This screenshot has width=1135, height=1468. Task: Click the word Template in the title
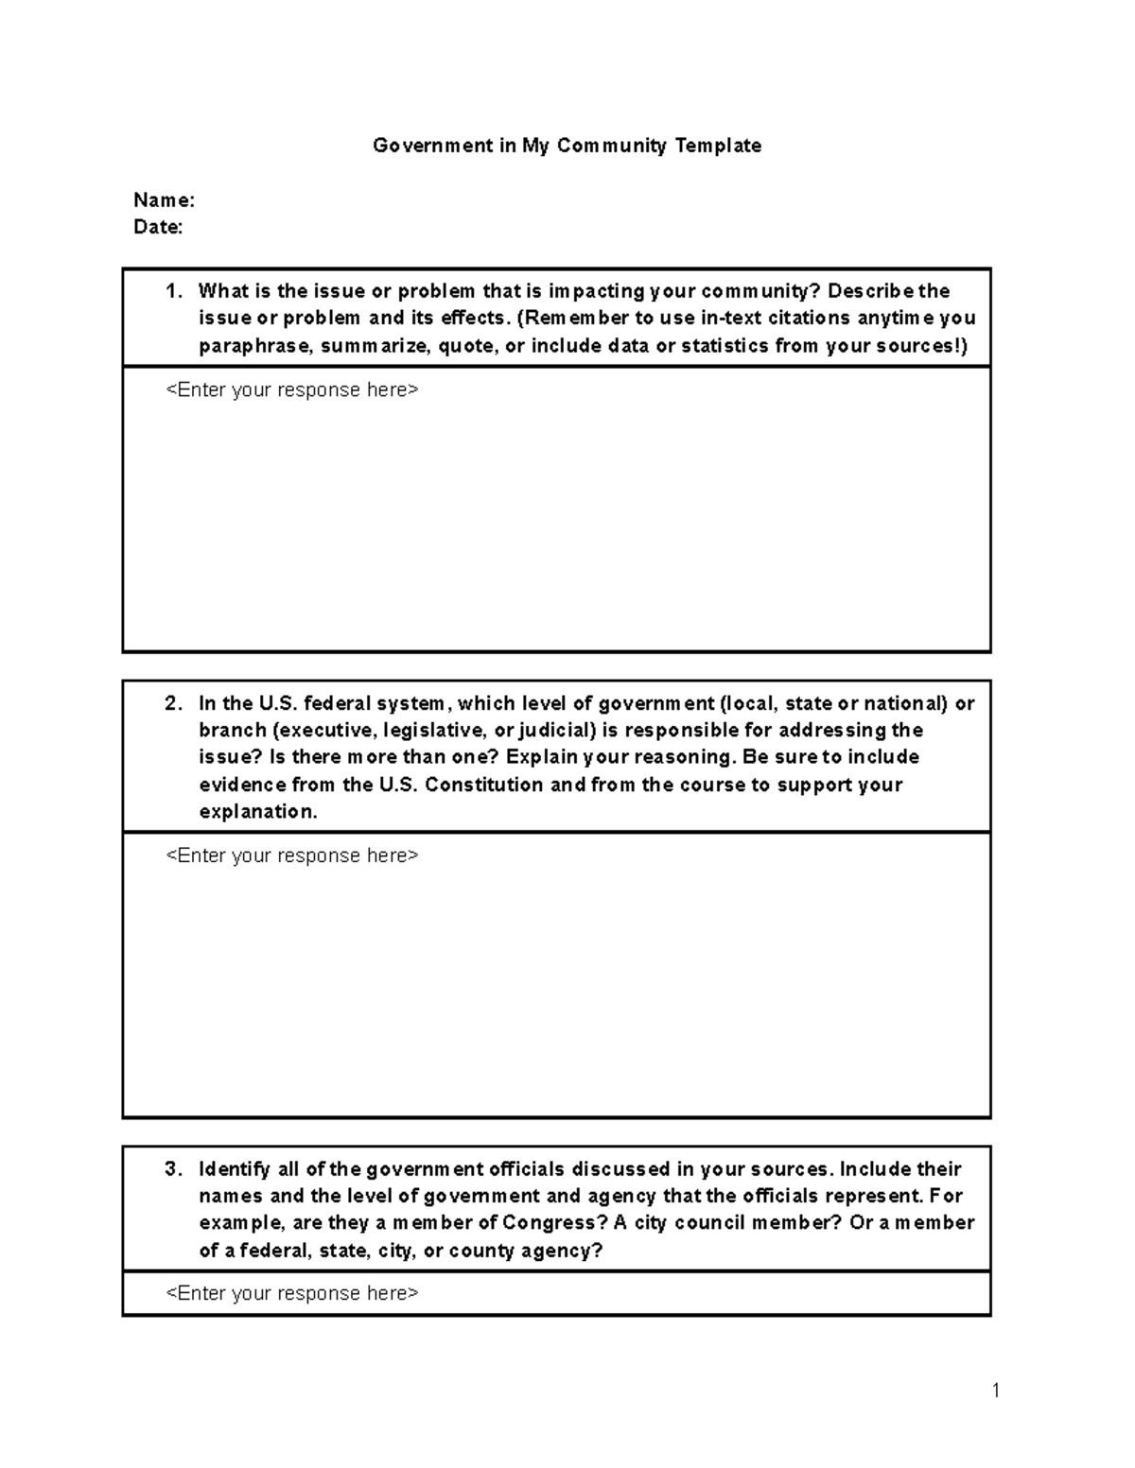click(x=718, y=146)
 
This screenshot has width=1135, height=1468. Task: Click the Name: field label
click(x=164, y=200)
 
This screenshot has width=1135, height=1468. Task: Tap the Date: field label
click(x=158, y=227)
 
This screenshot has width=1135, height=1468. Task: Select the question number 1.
click(x=173, y=291)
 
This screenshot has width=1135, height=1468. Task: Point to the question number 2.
click(x=173, y=703)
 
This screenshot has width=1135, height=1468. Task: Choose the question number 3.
click(x=173, y=1169)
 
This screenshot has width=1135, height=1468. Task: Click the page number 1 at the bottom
click(x=996, y=1390)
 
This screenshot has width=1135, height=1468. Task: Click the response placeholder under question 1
click(x=292, y=390)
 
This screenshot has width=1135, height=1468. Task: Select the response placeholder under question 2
click(x=292, y=855)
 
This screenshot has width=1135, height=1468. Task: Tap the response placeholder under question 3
click(x=292, y=1293)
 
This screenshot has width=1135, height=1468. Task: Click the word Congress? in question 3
click(x=555, y=1223)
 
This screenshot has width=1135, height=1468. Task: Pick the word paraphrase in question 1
click(x=254, y=346)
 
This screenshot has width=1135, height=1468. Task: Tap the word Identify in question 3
click(x=234, y=1169)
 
